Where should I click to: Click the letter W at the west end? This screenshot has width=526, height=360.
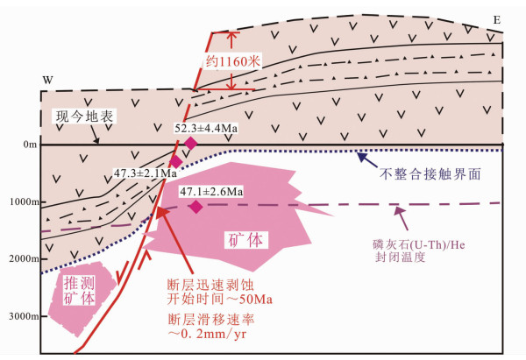(x=48, y=81)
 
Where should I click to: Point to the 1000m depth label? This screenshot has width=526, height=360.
(x=23, y=202)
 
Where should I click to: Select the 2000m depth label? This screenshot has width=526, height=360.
(x=23, y=260)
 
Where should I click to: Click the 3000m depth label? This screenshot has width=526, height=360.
(x=23, y=318)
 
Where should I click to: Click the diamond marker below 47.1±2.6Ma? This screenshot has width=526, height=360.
(x=195, y=207)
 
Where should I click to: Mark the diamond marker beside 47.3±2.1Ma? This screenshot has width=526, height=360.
(x=175, y=161)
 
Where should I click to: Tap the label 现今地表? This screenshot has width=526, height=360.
(x=86, y=116)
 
